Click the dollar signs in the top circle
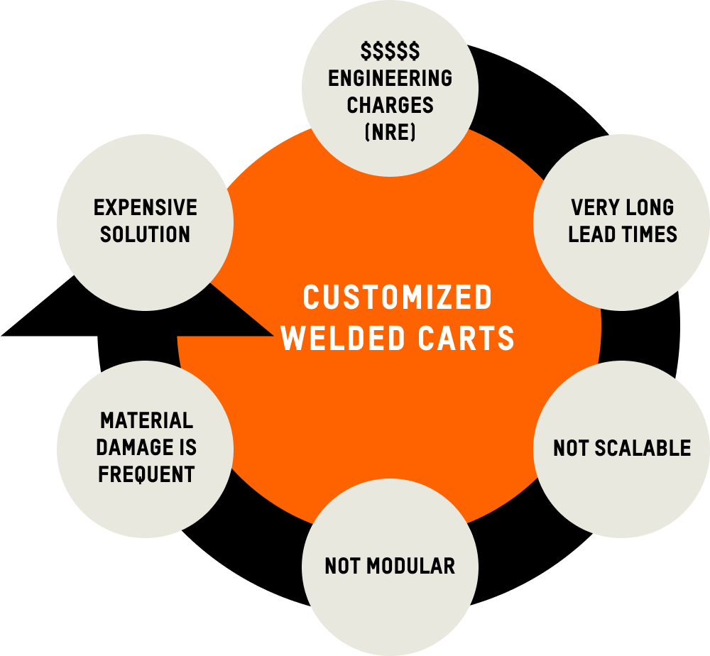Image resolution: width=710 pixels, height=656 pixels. [390, 51]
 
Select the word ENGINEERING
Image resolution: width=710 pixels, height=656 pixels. [390, 78]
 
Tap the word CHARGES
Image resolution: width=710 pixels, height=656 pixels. [390, 105]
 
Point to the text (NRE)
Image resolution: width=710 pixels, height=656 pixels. [390, 132]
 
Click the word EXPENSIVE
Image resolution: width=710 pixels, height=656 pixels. [146, 207]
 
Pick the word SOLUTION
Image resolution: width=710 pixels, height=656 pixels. [146, 234]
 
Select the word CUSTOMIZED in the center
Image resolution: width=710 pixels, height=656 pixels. [397, 297]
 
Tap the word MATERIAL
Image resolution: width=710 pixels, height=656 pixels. [146, 420]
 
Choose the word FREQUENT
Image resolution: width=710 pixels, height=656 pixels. [146, 474]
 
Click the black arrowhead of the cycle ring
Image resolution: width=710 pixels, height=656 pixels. [43, 323]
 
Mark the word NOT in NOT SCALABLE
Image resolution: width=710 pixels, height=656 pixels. [569, 448]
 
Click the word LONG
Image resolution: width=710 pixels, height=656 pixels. [650, 207]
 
